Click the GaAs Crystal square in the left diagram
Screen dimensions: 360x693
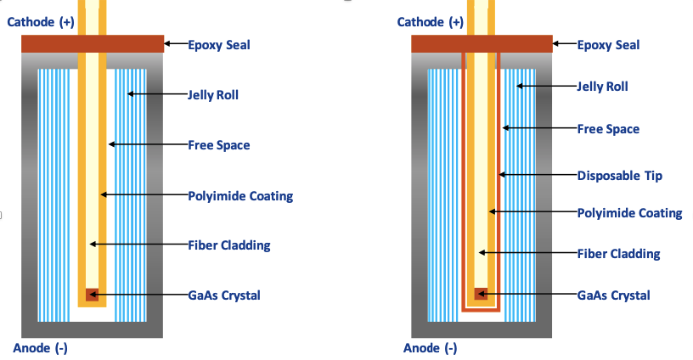tap(92, 295)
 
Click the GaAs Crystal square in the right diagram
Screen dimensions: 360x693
tap(481, 295)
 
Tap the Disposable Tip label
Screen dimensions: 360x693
tap(619, 176)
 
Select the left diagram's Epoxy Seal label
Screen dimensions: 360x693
tap(218, 44)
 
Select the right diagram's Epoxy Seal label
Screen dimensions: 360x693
tap(608, 44)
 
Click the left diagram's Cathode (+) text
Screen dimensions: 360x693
tap(40, 21)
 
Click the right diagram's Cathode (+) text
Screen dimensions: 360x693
tap(429, 21)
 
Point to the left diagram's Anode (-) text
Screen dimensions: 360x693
tap(40, 348)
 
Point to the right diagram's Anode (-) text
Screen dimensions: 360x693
tap(430, 348)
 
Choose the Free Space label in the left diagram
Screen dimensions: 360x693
tap(218, 145)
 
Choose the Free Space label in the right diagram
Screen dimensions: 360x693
tap(608, 129)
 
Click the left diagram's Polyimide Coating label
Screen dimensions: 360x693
tap(240, 196)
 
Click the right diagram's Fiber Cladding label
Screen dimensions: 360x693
tap(618, 253)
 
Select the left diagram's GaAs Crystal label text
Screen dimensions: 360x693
tap(224, 295)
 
